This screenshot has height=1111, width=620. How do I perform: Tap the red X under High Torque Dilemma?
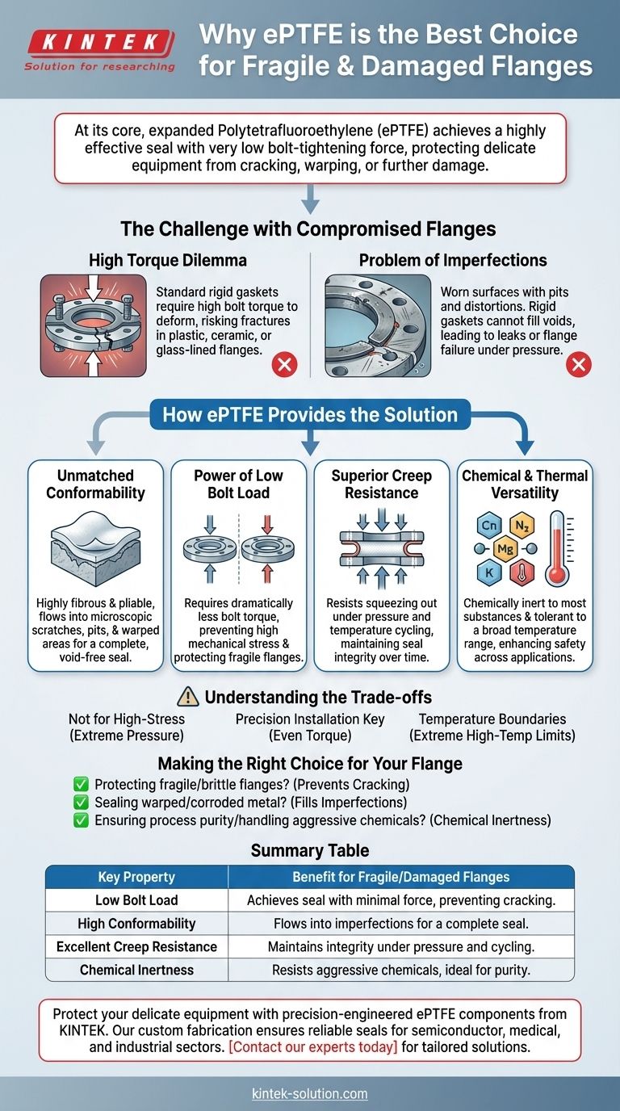coord(284,365)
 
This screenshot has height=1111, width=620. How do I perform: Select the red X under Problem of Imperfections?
coord(578,365)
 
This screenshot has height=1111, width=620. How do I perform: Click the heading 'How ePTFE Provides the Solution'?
coord(310,415)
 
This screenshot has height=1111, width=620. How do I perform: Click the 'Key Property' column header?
coord(136,877)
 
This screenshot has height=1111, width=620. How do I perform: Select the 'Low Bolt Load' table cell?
coord(136,900)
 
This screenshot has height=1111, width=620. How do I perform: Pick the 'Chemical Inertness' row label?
coord(136,970)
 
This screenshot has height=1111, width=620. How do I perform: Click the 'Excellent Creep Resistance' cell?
coord(136,946)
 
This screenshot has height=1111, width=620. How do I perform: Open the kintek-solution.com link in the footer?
coord(310,1094)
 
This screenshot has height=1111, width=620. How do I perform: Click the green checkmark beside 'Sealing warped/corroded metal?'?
coord(80,803)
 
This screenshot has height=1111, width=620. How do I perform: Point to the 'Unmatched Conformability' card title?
coord(95,484)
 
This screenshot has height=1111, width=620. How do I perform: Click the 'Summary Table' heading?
coord(310,850)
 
